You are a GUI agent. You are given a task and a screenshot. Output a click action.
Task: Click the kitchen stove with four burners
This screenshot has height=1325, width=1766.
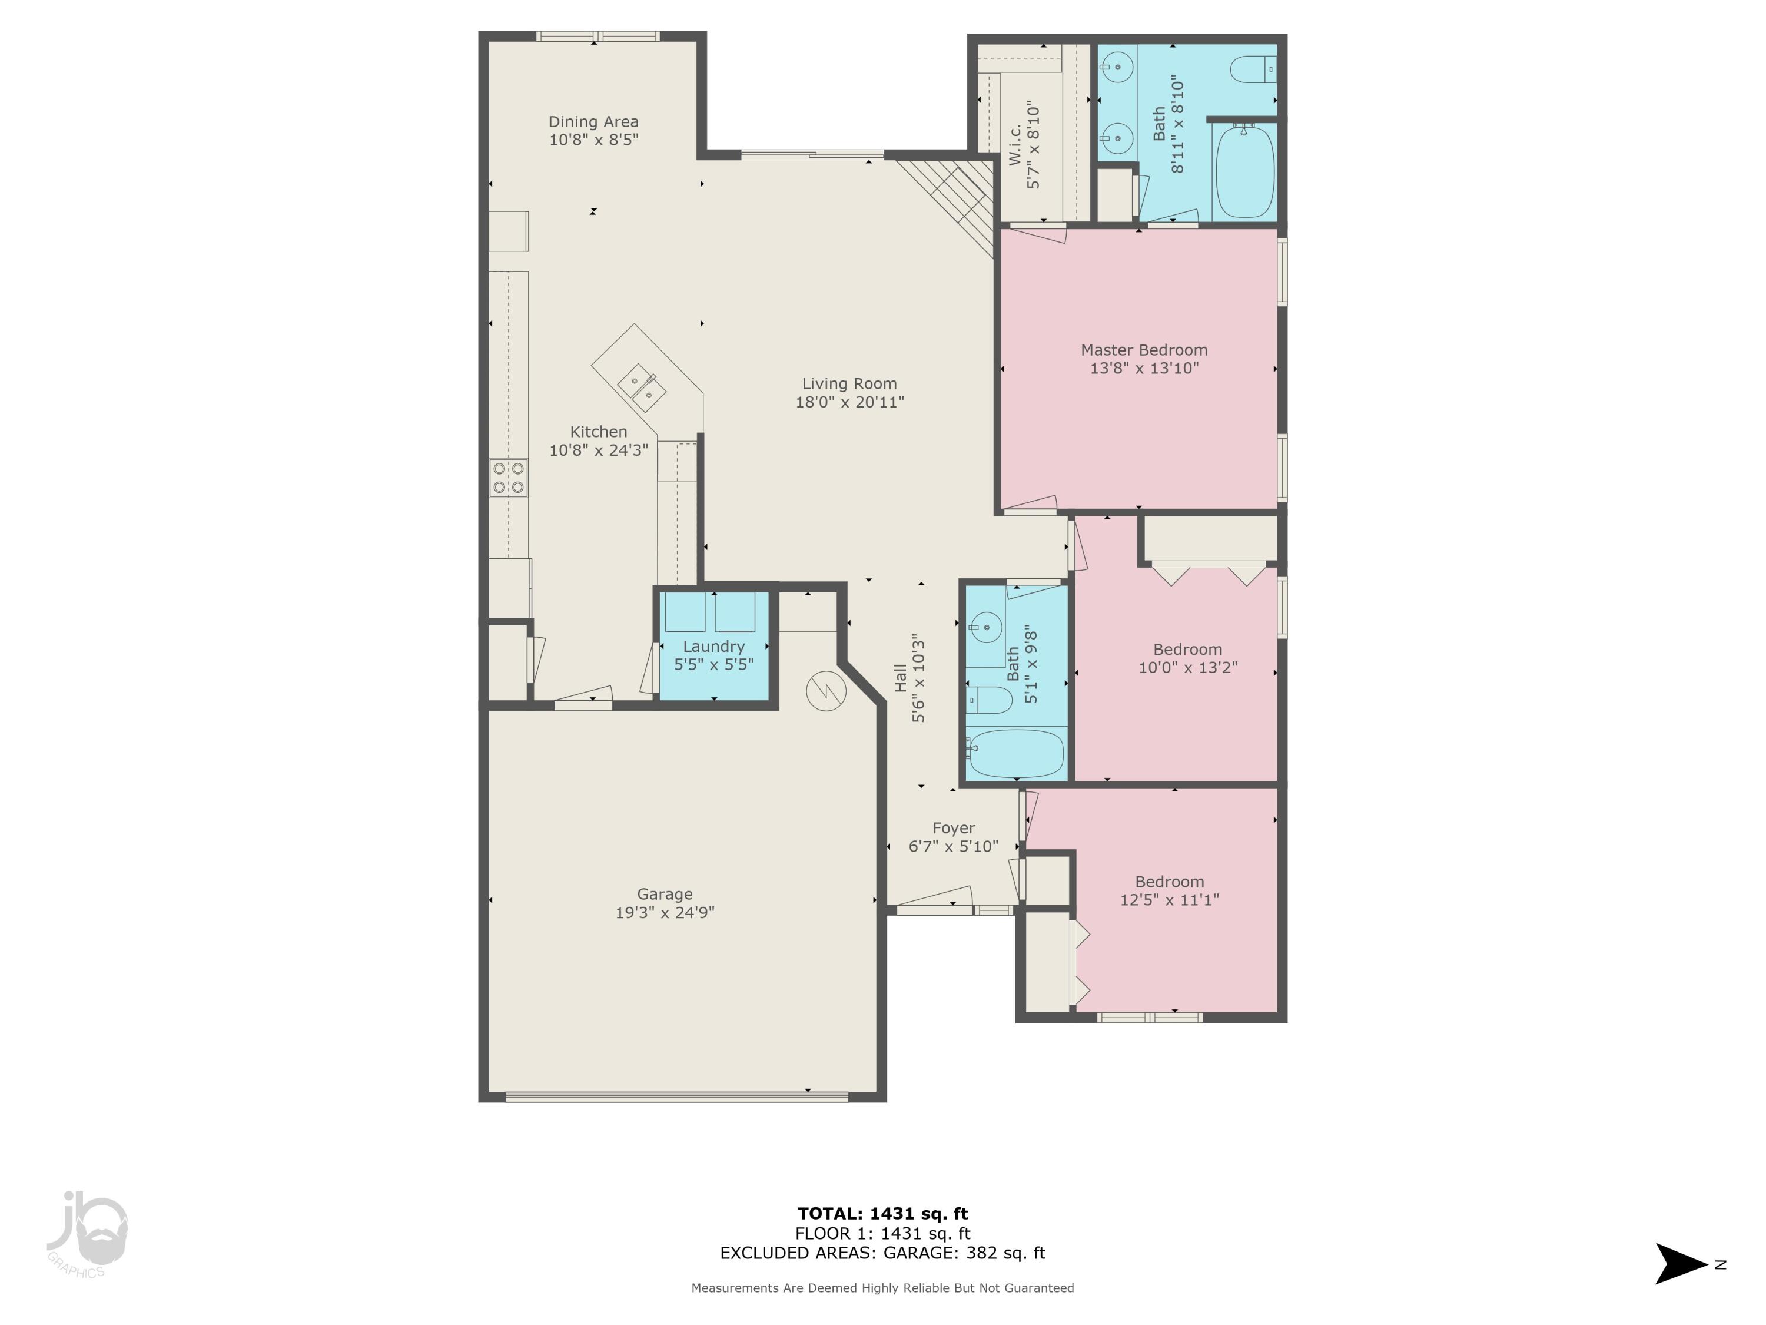(x=509, y=478)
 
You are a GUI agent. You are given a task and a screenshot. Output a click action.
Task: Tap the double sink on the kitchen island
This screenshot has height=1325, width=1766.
(x=642, y=387)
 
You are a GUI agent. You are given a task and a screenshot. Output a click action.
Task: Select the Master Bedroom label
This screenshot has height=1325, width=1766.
(x=1143, y=350)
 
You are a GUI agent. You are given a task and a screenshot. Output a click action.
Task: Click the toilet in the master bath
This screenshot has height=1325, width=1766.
(x=1252, y=69)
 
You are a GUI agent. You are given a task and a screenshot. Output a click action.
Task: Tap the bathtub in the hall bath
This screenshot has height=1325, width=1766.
(x=1015, y=753)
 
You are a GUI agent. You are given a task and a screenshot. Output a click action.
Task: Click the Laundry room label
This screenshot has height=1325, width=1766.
(x=713, y=646)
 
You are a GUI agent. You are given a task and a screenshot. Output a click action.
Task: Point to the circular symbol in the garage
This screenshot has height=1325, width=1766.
(x=825, y=691)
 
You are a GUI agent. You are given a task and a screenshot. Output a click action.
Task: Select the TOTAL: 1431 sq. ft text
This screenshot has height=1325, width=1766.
(x=882, y=1214)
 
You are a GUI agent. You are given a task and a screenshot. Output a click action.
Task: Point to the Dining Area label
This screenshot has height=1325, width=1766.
(x=593, y=121)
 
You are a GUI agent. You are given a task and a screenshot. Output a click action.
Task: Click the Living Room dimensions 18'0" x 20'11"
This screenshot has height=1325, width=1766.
(x=849, y=402)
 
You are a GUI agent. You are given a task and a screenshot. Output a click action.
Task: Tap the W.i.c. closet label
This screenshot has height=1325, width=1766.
(x=1015, y=145)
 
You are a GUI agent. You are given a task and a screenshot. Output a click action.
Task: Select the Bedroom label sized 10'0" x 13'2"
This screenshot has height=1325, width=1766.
(x=1187, y=650)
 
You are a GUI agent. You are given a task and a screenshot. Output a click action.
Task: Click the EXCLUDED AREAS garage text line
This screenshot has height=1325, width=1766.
(x=882, y=1253)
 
